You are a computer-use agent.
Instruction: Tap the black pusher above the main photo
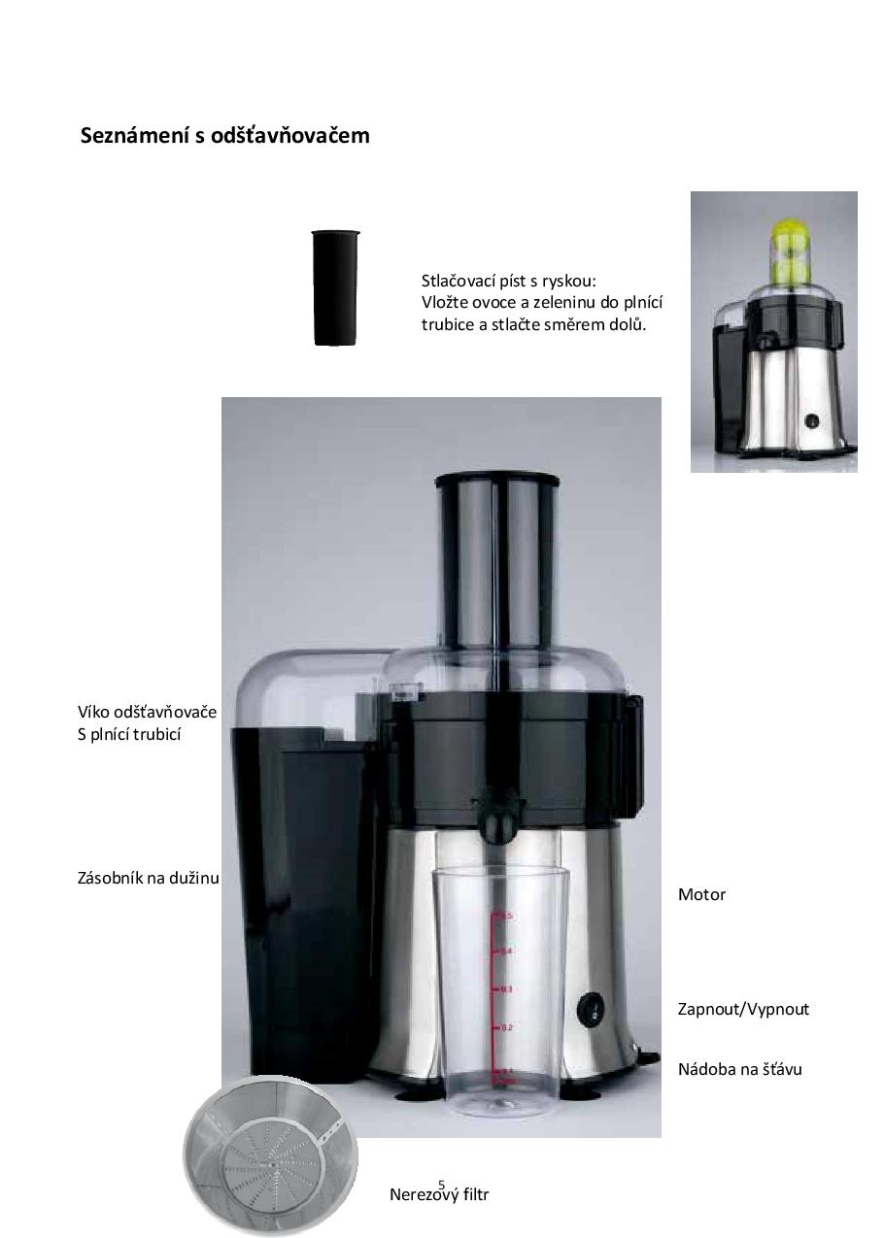pyautogui.click(x=335, y=288)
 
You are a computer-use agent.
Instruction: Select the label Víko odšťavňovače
pyautogui.click(x=147, y=713)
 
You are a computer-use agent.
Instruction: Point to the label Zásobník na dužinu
pyautogui.click(x=149, y=878)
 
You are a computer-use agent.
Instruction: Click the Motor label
pyautogui.click(x=701, y=894)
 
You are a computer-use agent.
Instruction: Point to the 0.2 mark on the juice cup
pyautogui.click(x=501, y=1027)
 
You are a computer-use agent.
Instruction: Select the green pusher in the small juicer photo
pyautogui.click(x=790, y=249)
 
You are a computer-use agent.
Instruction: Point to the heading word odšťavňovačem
pyautogui.click(x=290, y=135)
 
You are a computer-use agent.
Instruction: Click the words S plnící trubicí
pyautogui.click(x=129, y=734)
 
